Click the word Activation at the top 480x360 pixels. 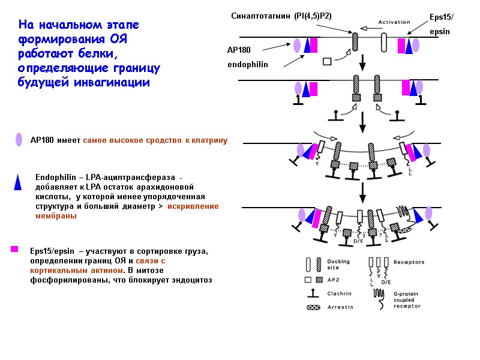[x=394, y=22]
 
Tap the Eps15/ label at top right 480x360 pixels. [x=442, y=17]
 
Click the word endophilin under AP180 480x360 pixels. [x=247, y=64]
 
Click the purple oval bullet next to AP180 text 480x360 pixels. [x=20, y=140]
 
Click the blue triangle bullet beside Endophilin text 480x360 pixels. [x=19, y=182]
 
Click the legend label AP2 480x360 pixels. [x=332, y=280]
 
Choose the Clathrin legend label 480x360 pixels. [x=339, y=293]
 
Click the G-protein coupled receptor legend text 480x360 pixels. [x=407, y=299]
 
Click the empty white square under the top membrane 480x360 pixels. [x=327, y=61]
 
